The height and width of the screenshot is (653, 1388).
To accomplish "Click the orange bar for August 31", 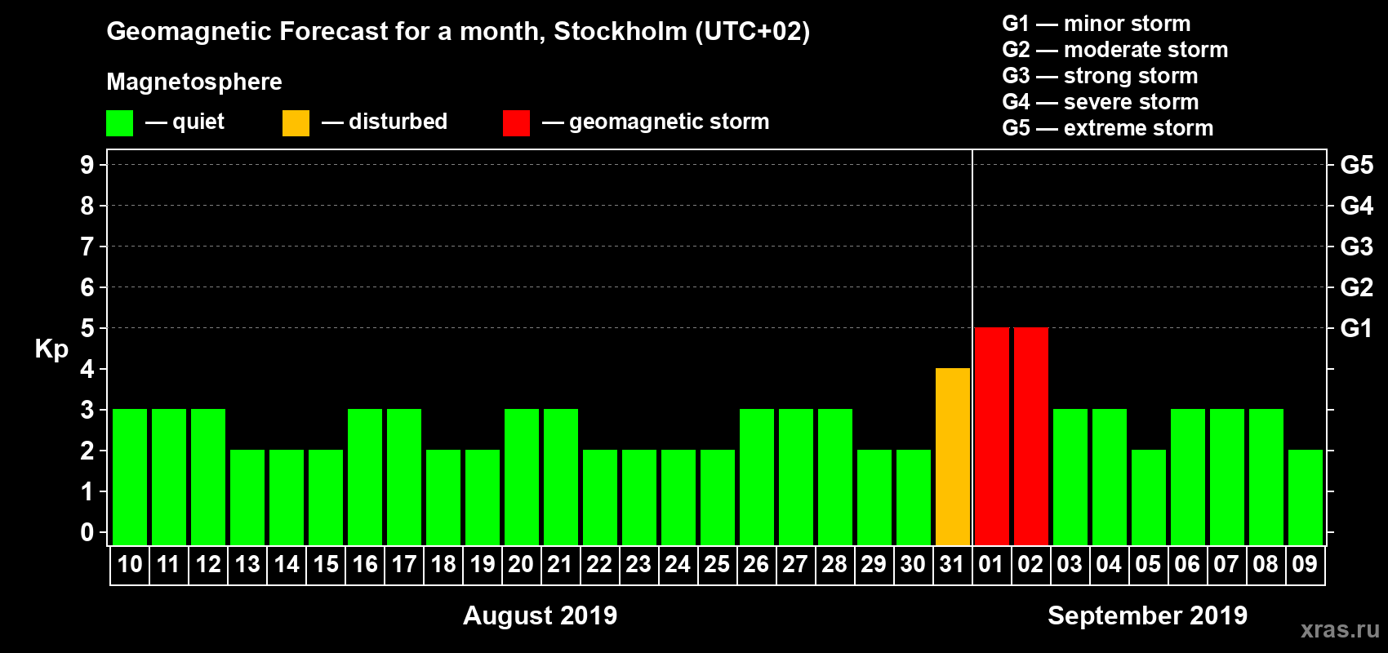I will pos(953,457).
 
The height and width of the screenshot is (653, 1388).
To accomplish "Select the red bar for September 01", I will pos(992,437).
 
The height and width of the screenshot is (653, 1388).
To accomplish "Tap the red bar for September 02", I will pos(1031,437).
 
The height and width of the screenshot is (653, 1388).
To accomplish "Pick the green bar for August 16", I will pos(365,478).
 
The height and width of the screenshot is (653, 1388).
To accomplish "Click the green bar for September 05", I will pos(1149,498).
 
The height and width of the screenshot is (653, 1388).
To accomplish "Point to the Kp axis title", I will pos(51,349).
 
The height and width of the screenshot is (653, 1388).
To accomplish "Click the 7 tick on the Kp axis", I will pos(87,247).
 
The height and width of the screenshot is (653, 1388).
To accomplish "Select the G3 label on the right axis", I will pos(1356,247).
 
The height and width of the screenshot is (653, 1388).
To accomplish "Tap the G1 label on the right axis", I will pos(1356,328).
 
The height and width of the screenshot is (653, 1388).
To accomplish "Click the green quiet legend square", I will pos(119,123).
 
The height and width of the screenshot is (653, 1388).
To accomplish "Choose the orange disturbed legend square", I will pos(296,123).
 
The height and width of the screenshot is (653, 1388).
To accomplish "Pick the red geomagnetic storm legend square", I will pos(516,123).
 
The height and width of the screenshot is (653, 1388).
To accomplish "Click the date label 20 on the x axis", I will pos(521,565).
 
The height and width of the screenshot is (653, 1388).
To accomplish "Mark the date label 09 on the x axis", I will pos(1305,565).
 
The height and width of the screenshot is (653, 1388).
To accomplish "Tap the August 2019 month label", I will pos(540,615).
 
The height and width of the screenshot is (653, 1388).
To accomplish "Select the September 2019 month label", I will pos(1147,615).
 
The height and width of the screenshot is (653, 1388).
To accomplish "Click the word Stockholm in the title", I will pos(620,32).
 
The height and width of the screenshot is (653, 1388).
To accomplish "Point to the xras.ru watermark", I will pos(1340,629).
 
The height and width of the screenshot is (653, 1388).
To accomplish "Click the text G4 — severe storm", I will pos(1100,102).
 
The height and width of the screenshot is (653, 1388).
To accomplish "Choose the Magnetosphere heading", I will pos(194,82).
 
